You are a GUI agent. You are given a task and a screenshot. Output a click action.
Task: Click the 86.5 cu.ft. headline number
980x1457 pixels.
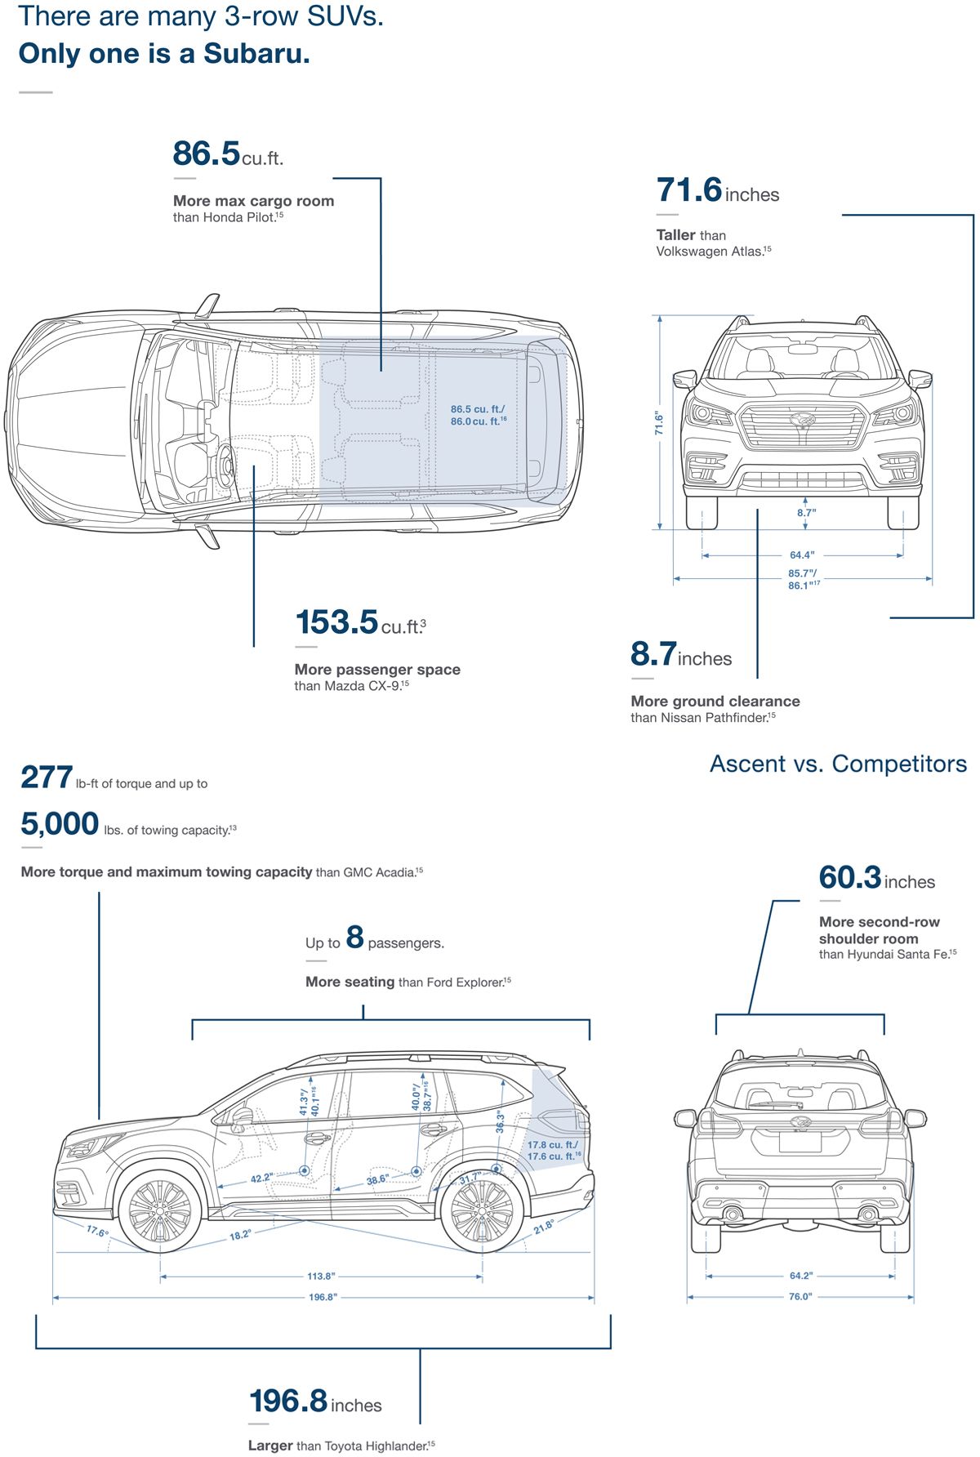tap(207, 154)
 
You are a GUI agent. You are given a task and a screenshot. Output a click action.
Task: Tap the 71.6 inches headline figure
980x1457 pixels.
tap(689, 190)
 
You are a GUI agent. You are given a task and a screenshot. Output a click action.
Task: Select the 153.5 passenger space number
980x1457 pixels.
tap(336, 622)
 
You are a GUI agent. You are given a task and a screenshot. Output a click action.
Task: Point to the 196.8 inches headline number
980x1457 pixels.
tap(288, 1401)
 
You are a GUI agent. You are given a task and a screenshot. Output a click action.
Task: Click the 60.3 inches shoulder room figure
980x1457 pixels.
tap(850, 878)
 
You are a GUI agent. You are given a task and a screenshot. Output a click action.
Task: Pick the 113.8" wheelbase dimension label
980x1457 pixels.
tap(321, 1276)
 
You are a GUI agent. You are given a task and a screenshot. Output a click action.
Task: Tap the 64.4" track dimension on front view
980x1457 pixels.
tap(801, 555)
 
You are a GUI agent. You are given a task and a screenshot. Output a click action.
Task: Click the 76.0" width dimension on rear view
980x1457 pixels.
tap(800, 1296)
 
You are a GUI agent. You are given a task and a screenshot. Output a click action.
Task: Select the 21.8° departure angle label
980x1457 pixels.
tap(544, 1227)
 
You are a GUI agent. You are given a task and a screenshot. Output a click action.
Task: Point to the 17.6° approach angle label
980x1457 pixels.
tap(97, 1232)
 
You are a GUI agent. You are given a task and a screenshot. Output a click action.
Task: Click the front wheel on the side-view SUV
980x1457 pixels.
tap(160, 1211)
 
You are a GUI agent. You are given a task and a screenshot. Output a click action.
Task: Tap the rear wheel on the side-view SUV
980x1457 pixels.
tap(482, 1211)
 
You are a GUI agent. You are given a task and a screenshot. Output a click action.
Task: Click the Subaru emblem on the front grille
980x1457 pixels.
tap(802, 420)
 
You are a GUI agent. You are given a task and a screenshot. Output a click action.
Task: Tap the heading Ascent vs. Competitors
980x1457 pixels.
tap(838, 764)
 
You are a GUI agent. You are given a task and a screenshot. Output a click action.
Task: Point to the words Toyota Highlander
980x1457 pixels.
tap(376, 1446)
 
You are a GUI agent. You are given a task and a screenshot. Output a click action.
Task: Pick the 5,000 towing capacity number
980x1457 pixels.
tap(60, 824)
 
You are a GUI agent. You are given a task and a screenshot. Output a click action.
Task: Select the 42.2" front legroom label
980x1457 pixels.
tap(262, 1178)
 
